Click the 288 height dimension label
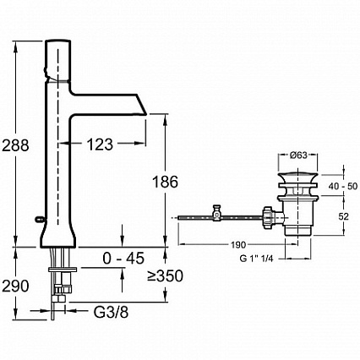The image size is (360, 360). [x=15, y=145]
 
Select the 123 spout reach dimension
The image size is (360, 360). [x=100, y=145]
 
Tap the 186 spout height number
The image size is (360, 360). [x=166, y=182]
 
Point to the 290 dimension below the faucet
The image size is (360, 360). [x=15, y=286]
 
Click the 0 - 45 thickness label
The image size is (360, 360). [x=123, y=258]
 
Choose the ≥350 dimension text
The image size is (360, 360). [x=165, y=275]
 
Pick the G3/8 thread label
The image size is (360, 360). [x=111, y=312]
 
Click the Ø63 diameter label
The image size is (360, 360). [x=298, y=155]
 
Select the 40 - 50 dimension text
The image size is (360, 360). [x=343, y=186]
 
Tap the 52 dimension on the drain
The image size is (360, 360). [x=343, y=216]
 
